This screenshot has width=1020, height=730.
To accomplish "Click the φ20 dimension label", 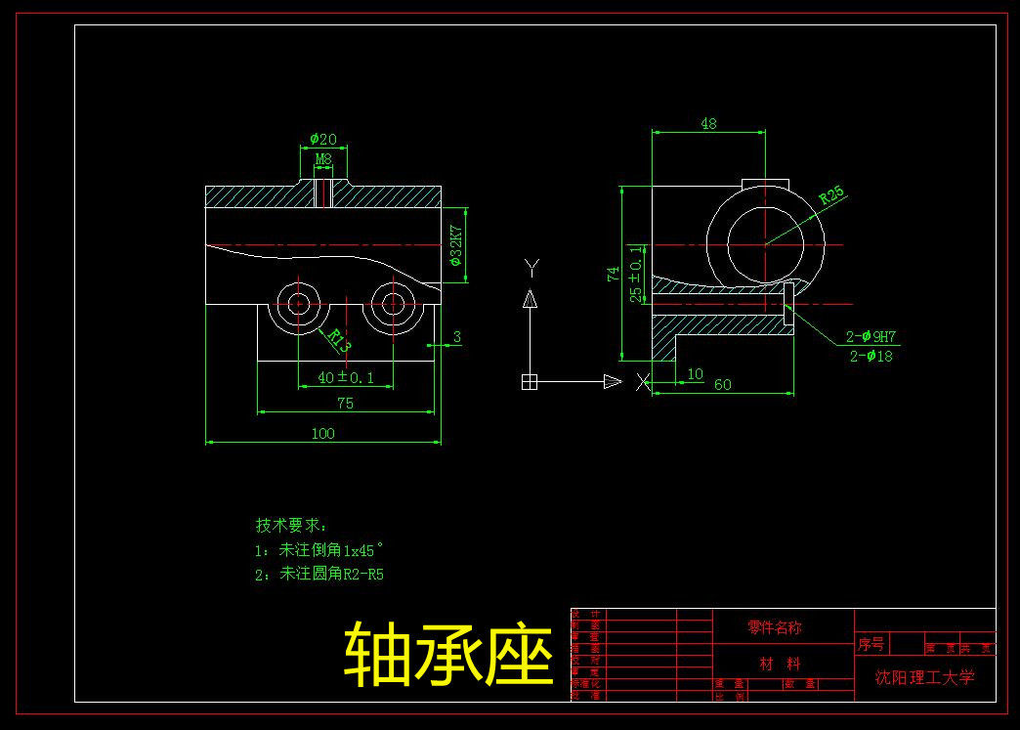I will point(322,140).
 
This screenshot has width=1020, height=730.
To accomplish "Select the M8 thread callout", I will point(323,158).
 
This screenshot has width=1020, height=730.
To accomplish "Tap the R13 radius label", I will point(338,339).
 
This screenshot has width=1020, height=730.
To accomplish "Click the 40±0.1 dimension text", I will point(345,377).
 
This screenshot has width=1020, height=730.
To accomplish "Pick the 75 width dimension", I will point(345,403).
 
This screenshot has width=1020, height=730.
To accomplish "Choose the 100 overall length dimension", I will point(322,433).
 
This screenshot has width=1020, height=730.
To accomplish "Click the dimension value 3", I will point(457,338).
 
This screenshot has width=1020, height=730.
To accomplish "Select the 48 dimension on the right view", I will point(708,124).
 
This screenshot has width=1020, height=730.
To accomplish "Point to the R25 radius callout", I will point(831,194).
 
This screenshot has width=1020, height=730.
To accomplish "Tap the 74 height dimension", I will point(614,275).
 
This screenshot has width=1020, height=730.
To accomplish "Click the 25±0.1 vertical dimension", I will point(636,274).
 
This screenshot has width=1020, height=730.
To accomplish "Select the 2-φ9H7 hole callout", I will point(871,337).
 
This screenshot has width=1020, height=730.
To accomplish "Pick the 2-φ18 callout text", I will point(871,356).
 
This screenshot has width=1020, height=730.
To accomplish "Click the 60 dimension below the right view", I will point(722,385).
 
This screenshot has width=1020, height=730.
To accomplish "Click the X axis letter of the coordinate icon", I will point(642,382).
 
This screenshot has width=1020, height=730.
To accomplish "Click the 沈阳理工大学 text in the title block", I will point(924,676).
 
